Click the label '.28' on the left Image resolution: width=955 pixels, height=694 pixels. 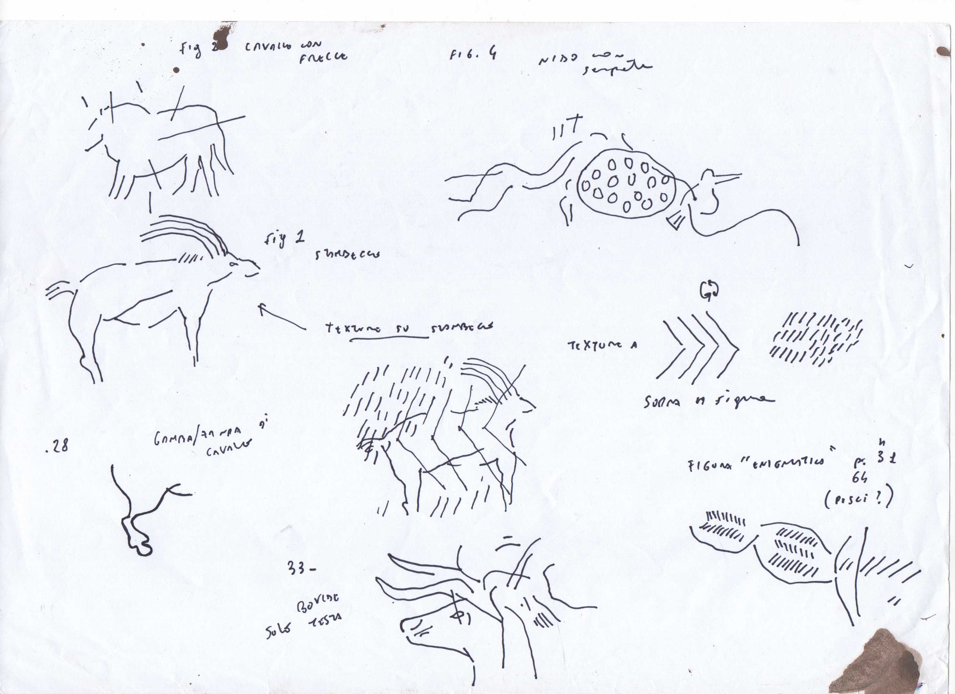[57, 447]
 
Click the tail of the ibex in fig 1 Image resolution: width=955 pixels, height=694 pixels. [59, 290]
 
